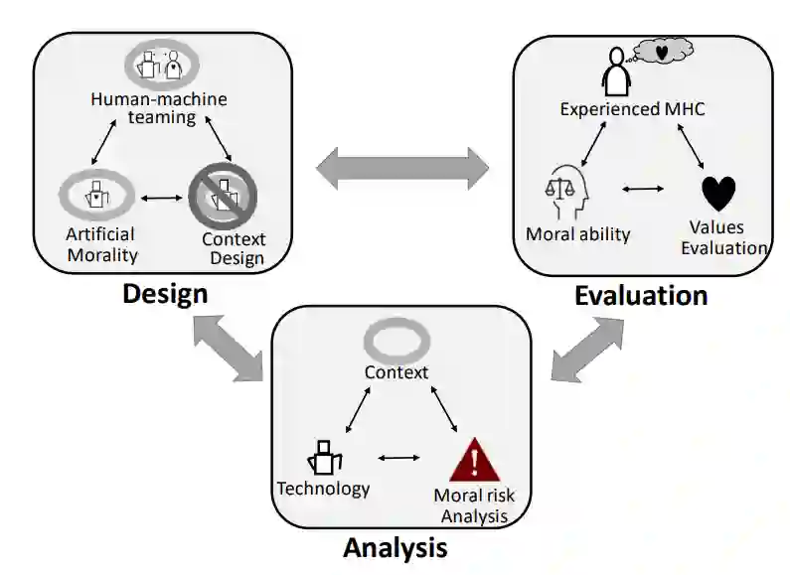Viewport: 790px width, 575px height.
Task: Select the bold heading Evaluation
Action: [640, 295]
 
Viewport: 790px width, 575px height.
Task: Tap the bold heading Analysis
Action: [395, 547]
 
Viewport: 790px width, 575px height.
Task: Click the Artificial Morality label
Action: [100, 243]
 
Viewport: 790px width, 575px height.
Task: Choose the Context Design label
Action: [233, 249]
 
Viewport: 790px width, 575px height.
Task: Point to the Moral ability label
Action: [578, 234]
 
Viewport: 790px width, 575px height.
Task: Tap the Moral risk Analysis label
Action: [474, 504]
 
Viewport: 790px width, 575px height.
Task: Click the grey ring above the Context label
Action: [395, 342]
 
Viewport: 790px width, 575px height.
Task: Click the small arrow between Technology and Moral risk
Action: [398, 458]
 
